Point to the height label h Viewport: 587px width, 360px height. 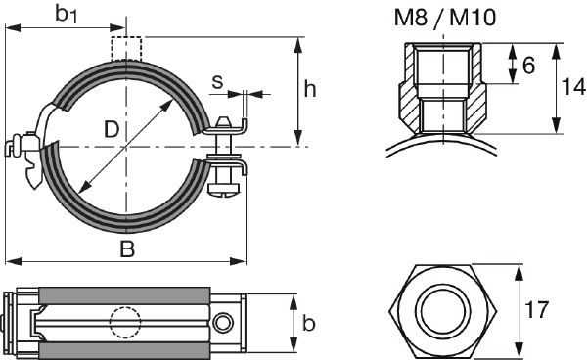(x=309, y=90)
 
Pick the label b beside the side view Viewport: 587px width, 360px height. (x=309, y=321)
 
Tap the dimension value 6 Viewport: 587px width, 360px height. (x=527, y=66)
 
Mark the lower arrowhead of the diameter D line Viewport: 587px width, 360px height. (x=80, y=190)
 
